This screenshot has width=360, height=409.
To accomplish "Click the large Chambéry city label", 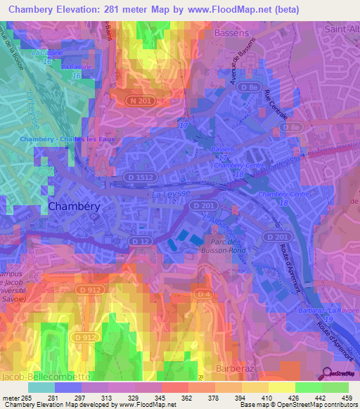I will click(x=78, y=206).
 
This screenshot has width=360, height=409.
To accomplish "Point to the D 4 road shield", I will click(x=202, y=293).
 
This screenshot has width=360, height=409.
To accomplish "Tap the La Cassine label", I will click(x=47, y=53).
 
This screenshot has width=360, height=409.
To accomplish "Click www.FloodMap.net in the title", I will click(x=222, y=9).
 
